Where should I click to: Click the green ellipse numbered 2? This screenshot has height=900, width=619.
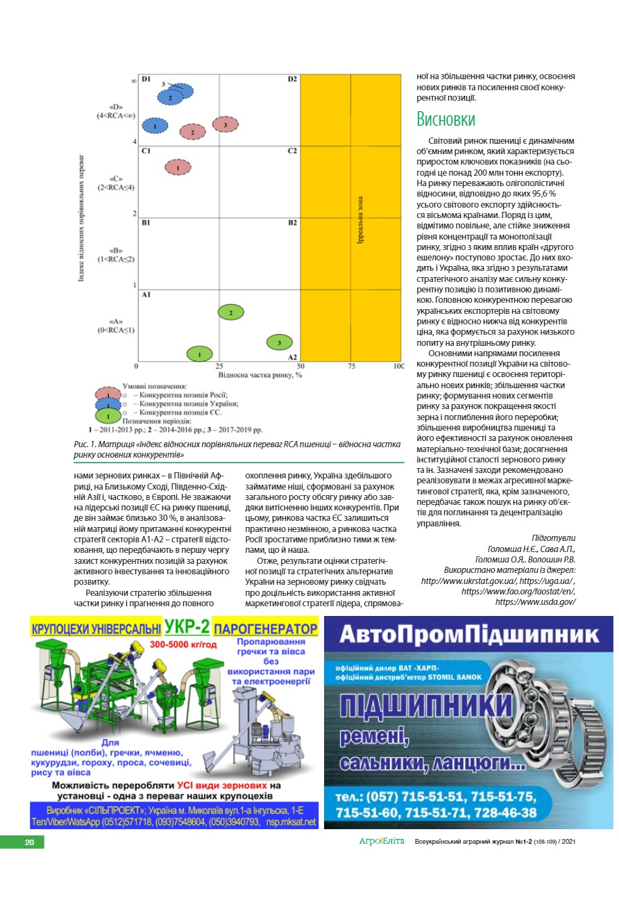pyautogui.click(x=230, y=312)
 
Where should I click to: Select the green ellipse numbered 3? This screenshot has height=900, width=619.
pyautogui.click(x=279, y=342)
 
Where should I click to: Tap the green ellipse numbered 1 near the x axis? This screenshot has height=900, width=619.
pyautogui.click(x=199, y=353)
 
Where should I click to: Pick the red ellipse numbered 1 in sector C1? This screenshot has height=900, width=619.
pyautogui.click(x=178, y=167)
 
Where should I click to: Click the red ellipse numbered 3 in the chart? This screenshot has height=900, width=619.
pyautogui.click(x=225, y=124)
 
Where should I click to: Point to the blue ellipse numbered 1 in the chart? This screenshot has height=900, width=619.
pyautogui.click(x=155, y=126)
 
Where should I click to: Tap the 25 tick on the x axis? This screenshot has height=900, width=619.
pyautogui.click(x=219, y=366)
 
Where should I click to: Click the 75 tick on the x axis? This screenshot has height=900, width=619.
pyautogui.click(x=351, y=366)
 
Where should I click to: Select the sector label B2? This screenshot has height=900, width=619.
pyautogui.click(x=292, y=223)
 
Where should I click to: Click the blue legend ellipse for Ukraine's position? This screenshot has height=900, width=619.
pyautogui.click(x=108, y=404)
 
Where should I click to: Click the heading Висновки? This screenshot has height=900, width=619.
pyautogui.click(x=446, y=119)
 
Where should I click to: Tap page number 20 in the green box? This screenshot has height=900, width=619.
pyautogui.click(x=29, y=842)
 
